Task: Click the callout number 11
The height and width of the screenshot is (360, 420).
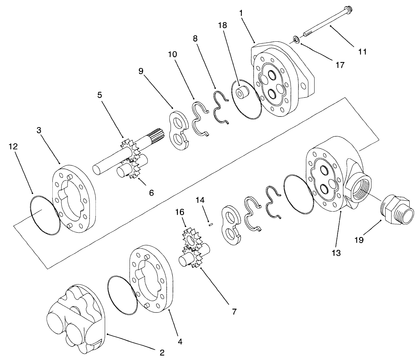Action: (x=362, y=52)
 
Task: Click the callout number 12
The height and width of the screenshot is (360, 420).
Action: (x=13, y=146)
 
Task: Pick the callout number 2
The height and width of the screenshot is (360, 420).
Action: (x=162, y=352)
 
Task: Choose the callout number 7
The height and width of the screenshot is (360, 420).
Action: (x=234, y=312)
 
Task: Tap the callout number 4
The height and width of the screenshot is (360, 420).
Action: (x=180, y=342)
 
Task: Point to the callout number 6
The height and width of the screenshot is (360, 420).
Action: (x=151, y=193)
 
